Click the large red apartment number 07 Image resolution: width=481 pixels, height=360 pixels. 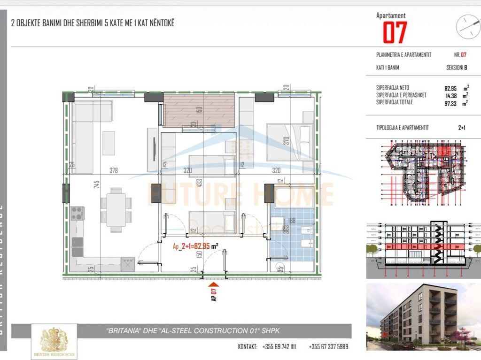(x=395, y=32)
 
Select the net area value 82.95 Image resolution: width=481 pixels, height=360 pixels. (x=450, y=88)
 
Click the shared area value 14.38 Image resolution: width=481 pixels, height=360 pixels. (x=450, y=95)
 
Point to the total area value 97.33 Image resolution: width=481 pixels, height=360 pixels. (x=450, y=103)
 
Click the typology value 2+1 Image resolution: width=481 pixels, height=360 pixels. (x=461, y=128)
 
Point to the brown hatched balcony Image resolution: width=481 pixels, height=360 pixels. (x=199, y=110)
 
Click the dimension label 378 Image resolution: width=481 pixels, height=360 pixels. (x=113, y=170)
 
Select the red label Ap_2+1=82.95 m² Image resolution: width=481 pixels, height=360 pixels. (x=195, y=245)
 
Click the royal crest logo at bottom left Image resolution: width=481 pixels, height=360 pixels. (x=54, y=341)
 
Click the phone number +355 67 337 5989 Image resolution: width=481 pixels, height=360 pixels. (x=328, y=347)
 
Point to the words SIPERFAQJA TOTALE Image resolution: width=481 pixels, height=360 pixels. (x=395, y=102)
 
